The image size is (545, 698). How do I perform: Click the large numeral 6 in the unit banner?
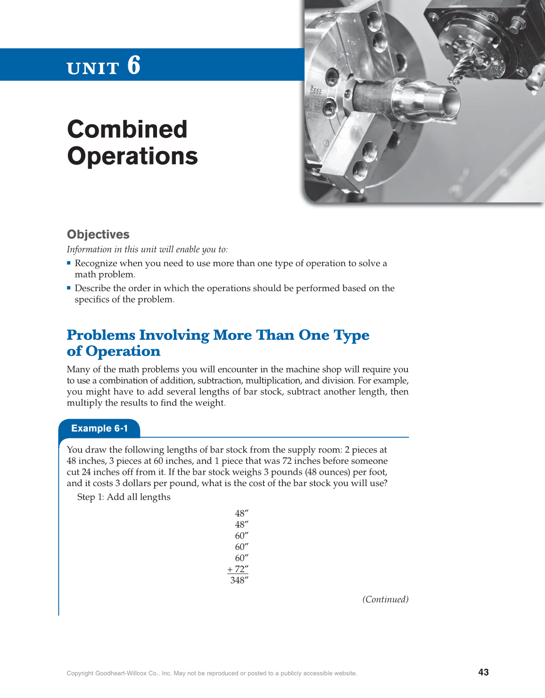(x=134, y=65)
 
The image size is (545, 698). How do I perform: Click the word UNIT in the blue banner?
(x=93, y=68)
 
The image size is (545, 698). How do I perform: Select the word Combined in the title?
(x=127, y=129)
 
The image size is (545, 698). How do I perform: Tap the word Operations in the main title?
(x=132, y=156)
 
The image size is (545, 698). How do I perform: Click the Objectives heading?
(x=98, y=235)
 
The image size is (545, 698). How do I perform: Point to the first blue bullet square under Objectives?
(x=69, y=263)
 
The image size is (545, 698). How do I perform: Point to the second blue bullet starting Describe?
(x=69, y=288)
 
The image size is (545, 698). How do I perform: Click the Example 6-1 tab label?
(x=99, y=429)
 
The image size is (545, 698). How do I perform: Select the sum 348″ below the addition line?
(x=239, y=580)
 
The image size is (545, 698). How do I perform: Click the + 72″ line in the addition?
(x=238, y=569)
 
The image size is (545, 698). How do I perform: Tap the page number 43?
(x=483, y=672)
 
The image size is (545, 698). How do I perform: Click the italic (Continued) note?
(x=385, y=599)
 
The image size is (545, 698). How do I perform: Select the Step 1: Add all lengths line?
(x=124, y=497)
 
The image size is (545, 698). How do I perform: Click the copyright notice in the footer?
(x=212, y=673)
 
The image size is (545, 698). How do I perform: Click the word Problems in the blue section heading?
(x=101, y=335)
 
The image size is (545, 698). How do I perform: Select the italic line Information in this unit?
(x=147, y=250)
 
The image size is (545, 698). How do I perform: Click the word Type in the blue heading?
(x=351, y=335)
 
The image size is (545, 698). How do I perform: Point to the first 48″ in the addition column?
(x=241, y=513)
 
